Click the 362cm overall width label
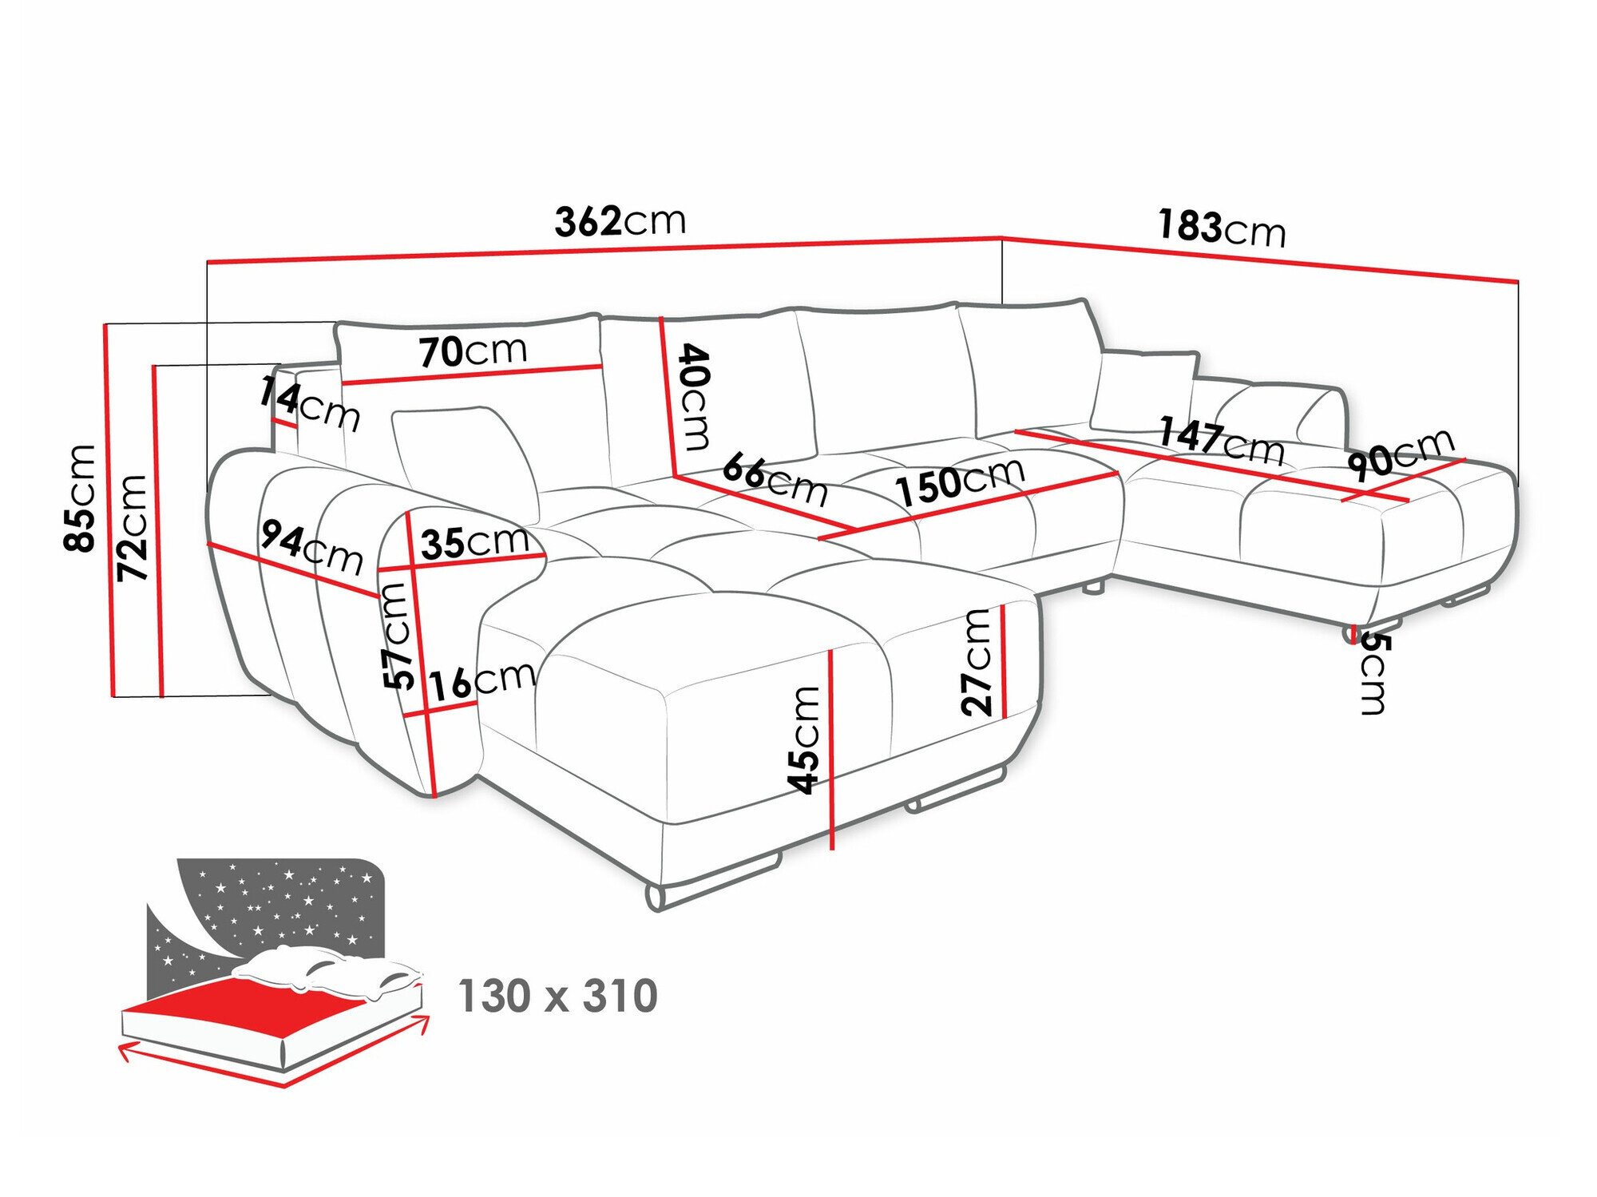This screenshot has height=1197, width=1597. [x=620, y=221]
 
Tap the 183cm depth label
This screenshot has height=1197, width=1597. [x=1222, y=228]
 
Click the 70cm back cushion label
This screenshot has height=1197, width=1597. [x=473, y=351]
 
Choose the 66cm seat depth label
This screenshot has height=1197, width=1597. [x=775, y=480]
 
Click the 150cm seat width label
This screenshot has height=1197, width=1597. [x=959, y=482]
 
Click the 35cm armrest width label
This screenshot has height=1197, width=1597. [x=475, y=542]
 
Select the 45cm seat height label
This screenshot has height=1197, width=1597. [x=804, y=739]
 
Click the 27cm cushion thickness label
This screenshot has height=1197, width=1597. [x=977, y=661]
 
